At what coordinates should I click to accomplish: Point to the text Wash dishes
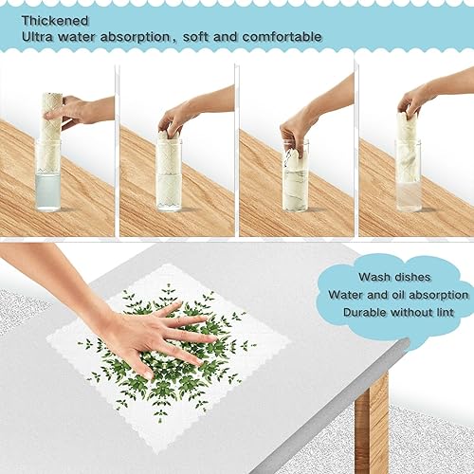point(393,277)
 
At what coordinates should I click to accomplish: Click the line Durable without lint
point(398,312)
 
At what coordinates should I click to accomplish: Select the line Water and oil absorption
point(398,294)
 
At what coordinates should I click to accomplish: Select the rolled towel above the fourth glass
point(407,128)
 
